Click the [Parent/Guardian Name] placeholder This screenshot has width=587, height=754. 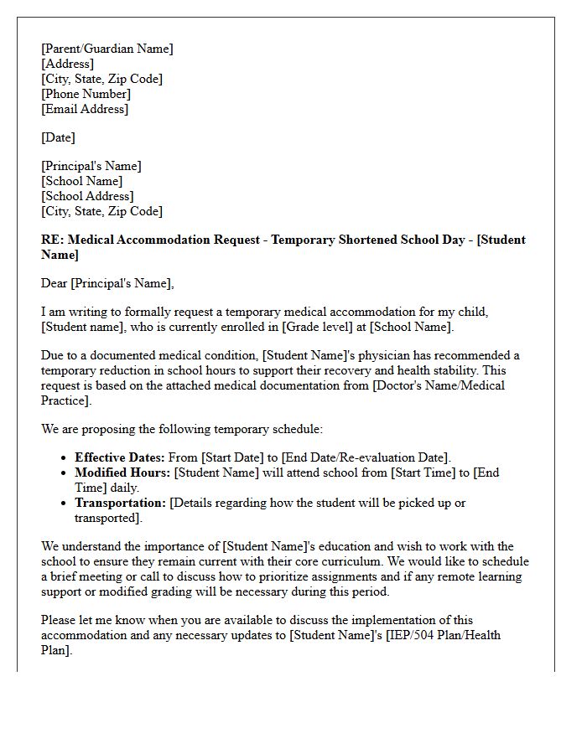click(x=107, y=49)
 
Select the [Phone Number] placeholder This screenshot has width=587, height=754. click(x=86, y=94)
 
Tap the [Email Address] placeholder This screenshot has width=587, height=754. click(x=85, y=109)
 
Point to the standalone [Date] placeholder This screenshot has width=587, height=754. click(x=58, y=137)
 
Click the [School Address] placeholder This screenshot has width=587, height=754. click(x=87, y=196)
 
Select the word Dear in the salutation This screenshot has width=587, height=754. click(x=55, y=283)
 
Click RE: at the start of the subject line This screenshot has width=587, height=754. click(x=52, y=240)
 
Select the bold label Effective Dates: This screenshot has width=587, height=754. click(x=120, y=457)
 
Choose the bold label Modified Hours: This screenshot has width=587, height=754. click(x=122, y=473)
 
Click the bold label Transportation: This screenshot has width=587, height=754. click(x=121, y=503)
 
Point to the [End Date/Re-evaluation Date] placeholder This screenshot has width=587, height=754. click(x=366, y=457)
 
